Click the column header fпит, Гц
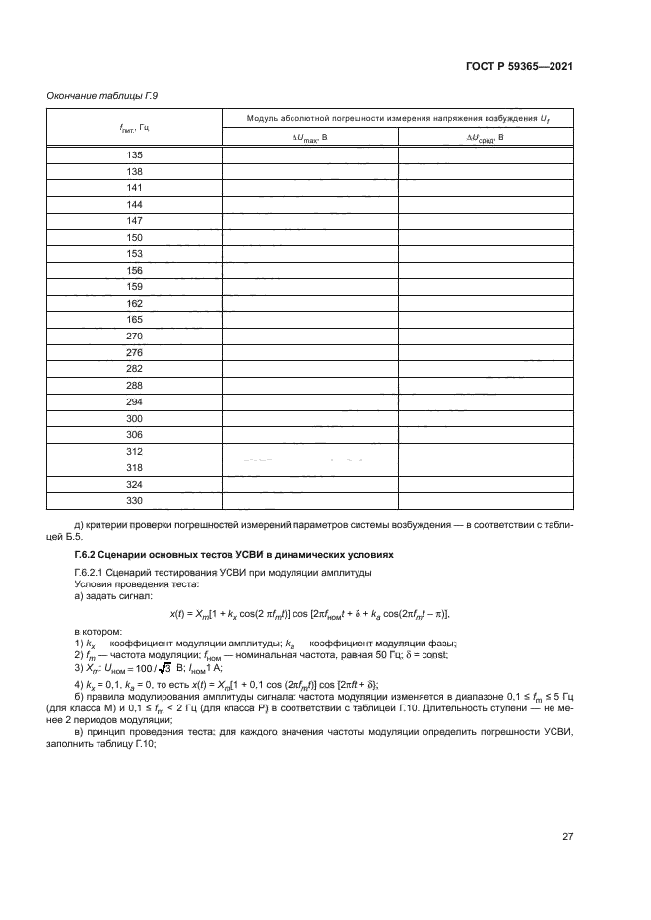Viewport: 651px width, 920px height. point(135,127)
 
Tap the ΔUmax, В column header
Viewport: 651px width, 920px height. point(309,138)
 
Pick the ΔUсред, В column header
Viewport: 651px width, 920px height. point(486,138)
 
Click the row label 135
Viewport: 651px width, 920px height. point(135,154)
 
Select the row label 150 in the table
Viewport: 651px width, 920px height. point(135,237)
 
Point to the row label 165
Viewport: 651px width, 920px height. point(135,320)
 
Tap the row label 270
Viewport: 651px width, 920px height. point(135,336)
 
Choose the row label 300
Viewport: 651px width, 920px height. point(135,418)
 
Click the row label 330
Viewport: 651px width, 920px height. point(135,501)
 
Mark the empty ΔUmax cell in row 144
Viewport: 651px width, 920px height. point(309,204)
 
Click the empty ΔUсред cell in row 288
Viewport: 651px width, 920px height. point(486,386)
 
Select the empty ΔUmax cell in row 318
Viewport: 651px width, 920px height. point(309,468)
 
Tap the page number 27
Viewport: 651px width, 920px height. point(567,837)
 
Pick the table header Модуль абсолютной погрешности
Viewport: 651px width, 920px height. point(398,117)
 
